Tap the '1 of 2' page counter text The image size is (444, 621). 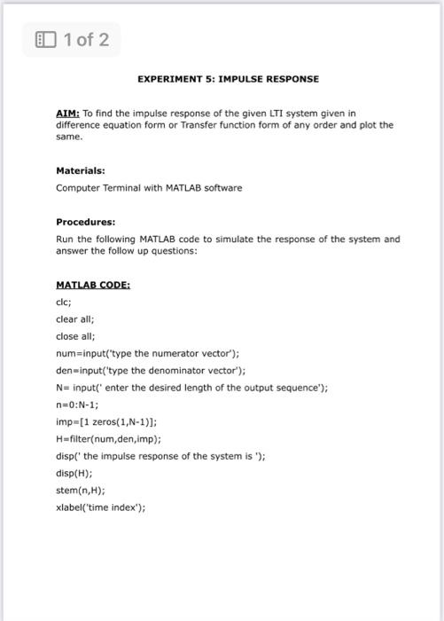pyautogui.click(x=86, y=39)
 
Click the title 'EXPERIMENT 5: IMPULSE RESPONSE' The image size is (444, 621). pyautogui.click(x=228, y=79)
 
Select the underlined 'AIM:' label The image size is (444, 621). pyautogui.click(x=68, y=114)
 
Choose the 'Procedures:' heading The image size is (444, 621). pyautogui.click(x=85, y=222)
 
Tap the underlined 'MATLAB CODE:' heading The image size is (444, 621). pyautogui.click(x=93, y=285)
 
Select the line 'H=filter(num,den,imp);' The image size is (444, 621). pyautogui.click(x=108, y=438)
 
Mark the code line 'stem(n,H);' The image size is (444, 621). pyautogui.click(x=80, y=490)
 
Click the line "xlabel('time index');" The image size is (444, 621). pyautogui.click(x=100, y=507)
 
